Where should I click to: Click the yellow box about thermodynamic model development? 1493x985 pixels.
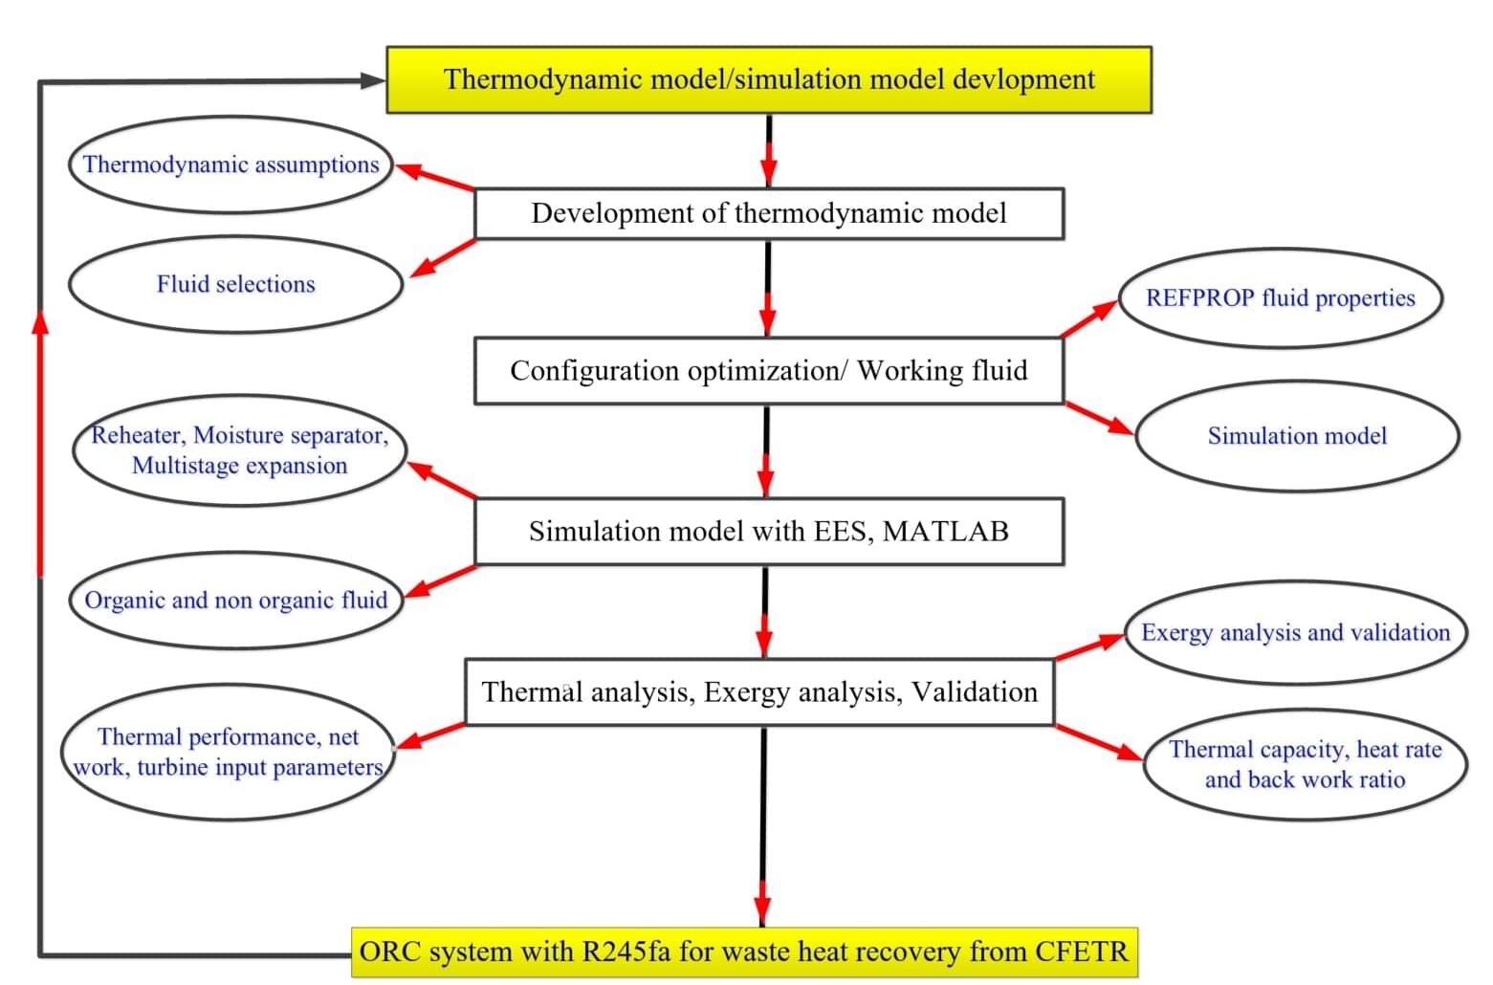[x=769, y=80]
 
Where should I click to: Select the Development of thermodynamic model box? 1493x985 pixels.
[x=769, y=214]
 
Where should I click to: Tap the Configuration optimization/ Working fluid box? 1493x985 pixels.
[x=769, y=370]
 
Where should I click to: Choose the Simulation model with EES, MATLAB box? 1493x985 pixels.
[x=769, y=531]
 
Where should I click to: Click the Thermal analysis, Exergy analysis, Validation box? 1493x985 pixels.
[x=759, y=691]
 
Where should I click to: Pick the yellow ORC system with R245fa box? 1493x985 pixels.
[x=744, y=952]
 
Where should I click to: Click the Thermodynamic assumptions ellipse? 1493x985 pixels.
[x=231, y=164]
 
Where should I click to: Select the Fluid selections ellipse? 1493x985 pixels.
[x=236, y=284]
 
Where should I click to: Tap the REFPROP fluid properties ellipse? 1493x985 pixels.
[x=1281, y=298]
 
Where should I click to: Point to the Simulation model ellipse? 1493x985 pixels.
[x=1297, y=436]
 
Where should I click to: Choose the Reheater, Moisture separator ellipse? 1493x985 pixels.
[x=240, y=450]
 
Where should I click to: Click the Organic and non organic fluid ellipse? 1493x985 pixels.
[x=236, y=600]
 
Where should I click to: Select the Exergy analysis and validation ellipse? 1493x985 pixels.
[x=1296, y=632]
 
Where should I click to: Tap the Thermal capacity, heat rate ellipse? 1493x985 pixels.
[x=1305, y=764]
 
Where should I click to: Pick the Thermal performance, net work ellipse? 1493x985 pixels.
[x=228, y=752]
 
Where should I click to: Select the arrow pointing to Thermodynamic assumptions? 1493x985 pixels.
[x=434, y=177]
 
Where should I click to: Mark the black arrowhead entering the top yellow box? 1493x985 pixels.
[x=373, y=80]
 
